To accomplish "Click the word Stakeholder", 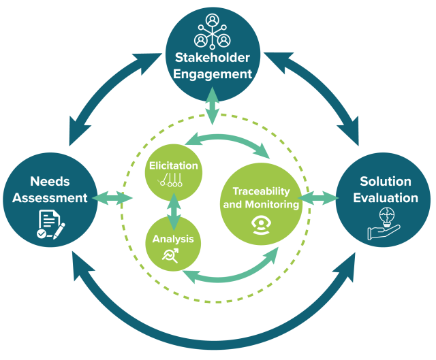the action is [213, 57].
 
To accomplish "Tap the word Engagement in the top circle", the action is [213, 74].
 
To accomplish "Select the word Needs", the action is [50, 182].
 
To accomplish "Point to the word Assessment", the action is [50, 198].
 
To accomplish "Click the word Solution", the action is [386, 182].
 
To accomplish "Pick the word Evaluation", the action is [386, 198].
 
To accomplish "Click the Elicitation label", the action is [174, 165].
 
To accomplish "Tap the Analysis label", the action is [173, 239].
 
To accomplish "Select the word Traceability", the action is [261, 191].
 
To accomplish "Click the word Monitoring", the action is [272, 204].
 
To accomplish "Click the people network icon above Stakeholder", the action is [213, 31].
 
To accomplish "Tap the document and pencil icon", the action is [51, 225].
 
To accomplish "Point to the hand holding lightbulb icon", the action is [384, 224].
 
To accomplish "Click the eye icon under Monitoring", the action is [261, 226].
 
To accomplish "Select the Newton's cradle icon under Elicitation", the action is [170, 180].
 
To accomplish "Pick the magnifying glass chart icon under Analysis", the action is [170, 256].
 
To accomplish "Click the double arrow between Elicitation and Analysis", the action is [174, 212].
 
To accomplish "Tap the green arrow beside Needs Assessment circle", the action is [112, 198].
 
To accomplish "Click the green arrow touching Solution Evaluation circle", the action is [318, 198].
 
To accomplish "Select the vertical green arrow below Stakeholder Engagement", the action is [213, 106].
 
